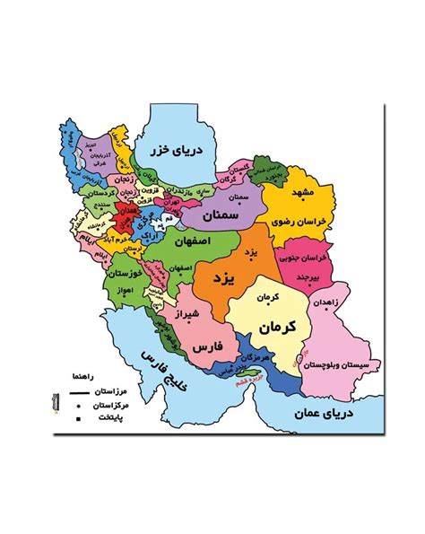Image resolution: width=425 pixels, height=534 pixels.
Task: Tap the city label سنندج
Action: point(98,206)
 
